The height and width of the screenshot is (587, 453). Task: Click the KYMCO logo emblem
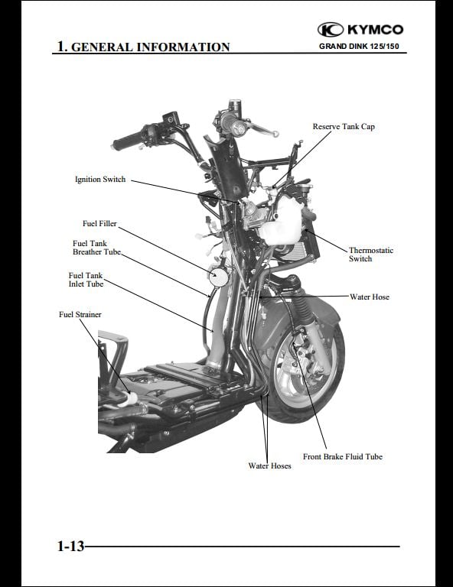(x=331, y=30)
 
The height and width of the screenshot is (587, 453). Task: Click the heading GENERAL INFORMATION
(x=150, y=47)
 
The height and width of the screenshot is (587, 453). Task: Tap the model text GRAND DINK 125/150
(x=359, y=47)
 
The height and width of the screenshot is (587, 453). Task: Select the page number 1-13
(x=70, y=546)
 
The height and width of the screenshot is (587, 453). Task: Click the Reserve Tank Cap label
(x=344, y=127)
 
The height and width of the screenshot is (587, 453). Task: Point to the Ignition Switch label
(x=100, y=180)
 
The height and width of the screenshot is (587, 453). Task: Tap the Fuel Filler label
(x=99, y=223)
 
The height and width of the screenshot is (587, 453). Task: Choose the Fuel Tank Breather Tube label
(x=96, y=248)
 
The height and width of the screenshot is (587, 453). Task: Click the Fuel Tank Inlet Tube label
(x=86, y=280)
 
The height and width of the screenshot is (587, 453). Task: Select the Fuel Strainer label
(x=80, y=314)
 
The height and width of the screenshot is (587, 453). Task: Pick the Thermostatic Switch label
(x=371, y=255)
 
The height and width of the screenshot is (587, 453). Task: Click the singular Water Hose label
(x=370, y=297)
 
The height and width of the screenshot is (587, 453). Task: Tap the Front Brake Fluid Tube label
(x=343, y=457)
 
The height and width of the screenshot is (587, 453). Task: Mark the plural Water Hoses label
(x=269, y=466)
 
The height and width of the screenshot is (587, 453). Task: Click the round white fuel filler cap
(x=218, y=277)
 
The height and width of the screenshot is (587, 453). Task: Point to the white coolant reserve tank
(x=282, y=225)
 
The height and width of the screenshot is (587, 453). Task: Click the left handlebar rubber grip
(x=127, y=141)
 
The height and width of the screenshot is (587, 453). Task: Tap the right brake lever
(x=262, y=129)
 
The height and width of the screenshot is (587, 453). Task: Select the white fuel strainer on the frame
(x=128, y=400)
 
